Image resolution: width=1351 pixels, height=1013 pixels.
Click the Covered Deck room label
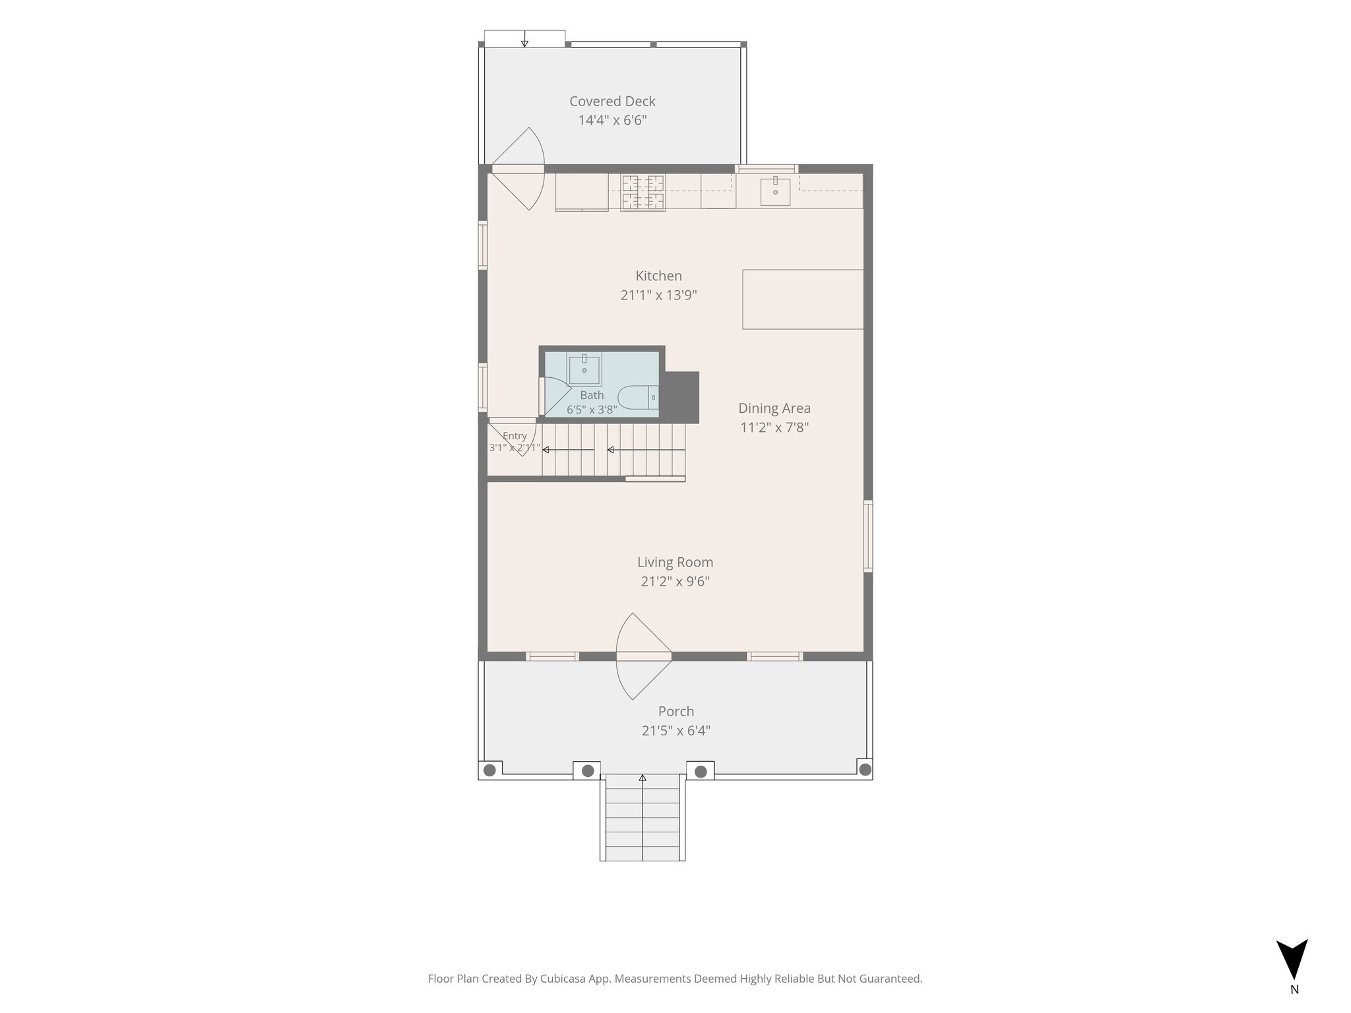tap(612, 101)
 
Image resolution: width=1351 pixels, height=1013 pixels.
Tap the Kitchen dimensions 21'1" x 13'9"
tap(658, 295)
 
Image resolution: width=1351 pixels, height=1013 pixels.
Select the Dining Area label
tap(774, 408)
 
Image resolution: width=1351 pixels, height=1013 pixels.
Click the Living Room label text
tap(675, 562)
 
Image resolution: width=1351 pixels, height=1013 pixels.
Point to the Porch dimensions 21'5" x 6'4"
tap(675, 731)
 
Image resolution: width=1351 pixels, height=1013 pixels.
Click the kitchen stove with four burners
tap(643, 192)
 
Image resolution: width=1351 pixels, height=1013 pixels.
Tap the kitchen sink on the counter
tap(775, 191)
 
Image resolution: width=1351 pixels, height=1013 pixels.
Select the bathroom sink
tap(584, 369)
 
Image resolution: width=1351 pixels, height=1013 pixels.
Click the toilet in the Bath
tap(638, 398)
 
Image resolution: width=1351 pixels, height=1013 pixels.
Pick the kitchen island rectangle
tap(803, 299)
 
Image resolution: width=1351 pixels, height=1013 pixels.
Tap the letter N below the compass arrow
tap(1294, 989)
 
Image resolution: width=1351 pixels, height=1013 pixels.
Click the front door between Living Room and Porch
tap(643, 656)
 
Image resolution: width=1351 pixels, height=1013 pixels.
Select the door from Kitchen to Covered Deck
tap(518, 169)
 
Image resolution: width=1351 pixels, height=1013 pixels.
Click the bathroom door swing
tap(554, 396)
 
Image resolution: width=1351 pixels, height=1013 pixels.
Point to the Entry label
tap(515, 436)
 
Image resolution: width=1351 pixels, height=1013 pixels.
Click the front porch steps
tap(643, 818)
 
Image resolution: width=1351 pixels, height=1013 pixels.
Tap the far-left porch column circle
tap(489, 770)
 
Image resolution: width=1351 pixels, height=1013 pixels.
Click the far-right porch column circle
tap(865, 769)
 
